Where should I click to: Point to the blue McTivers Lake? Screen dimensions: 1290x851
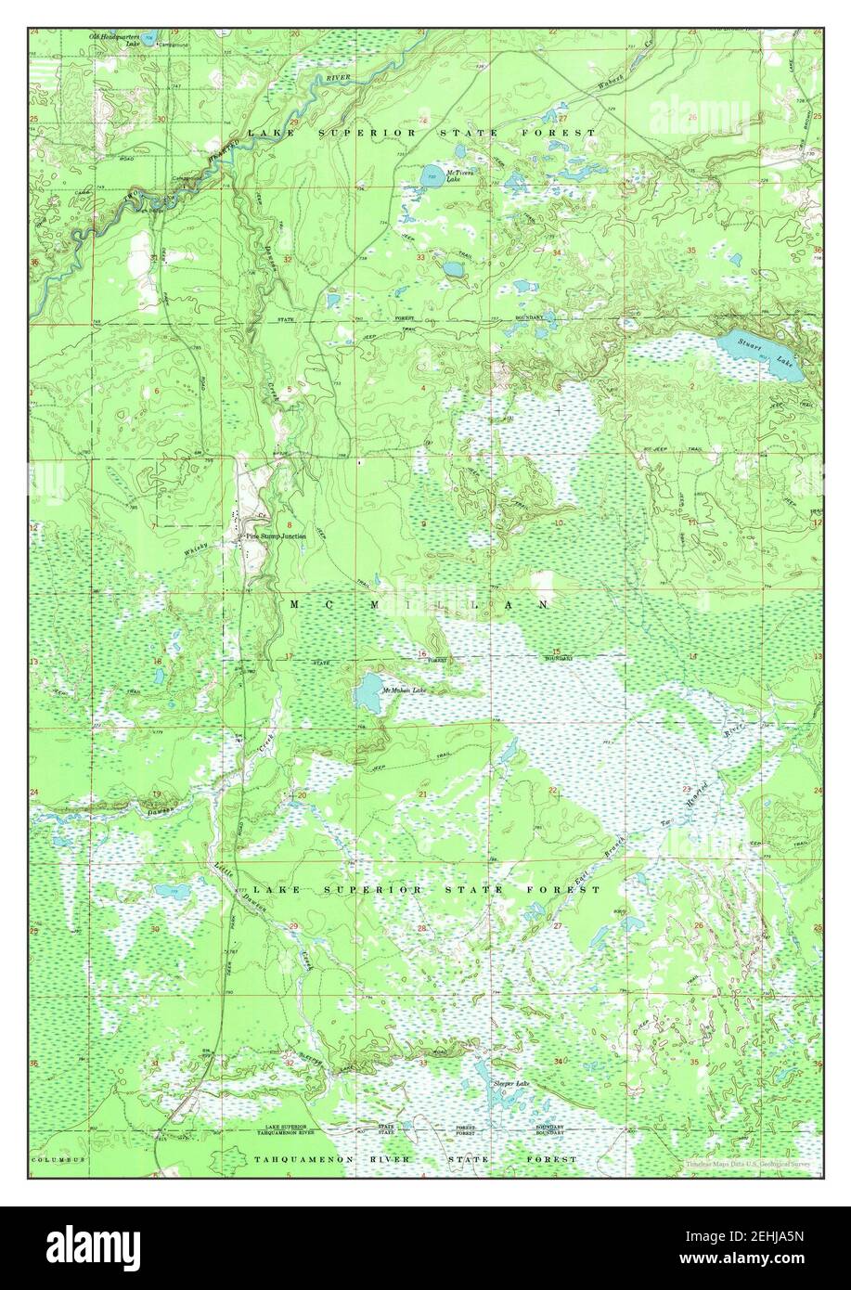pyautogui.click(x=432, y=174)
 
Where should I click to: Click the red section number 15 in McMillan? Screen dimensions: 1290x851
pyautogui.click(x=558, y=651)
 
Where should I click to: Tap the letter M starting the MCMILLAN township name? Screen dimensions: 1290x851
pyautogui.click(x=296, y=604)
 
